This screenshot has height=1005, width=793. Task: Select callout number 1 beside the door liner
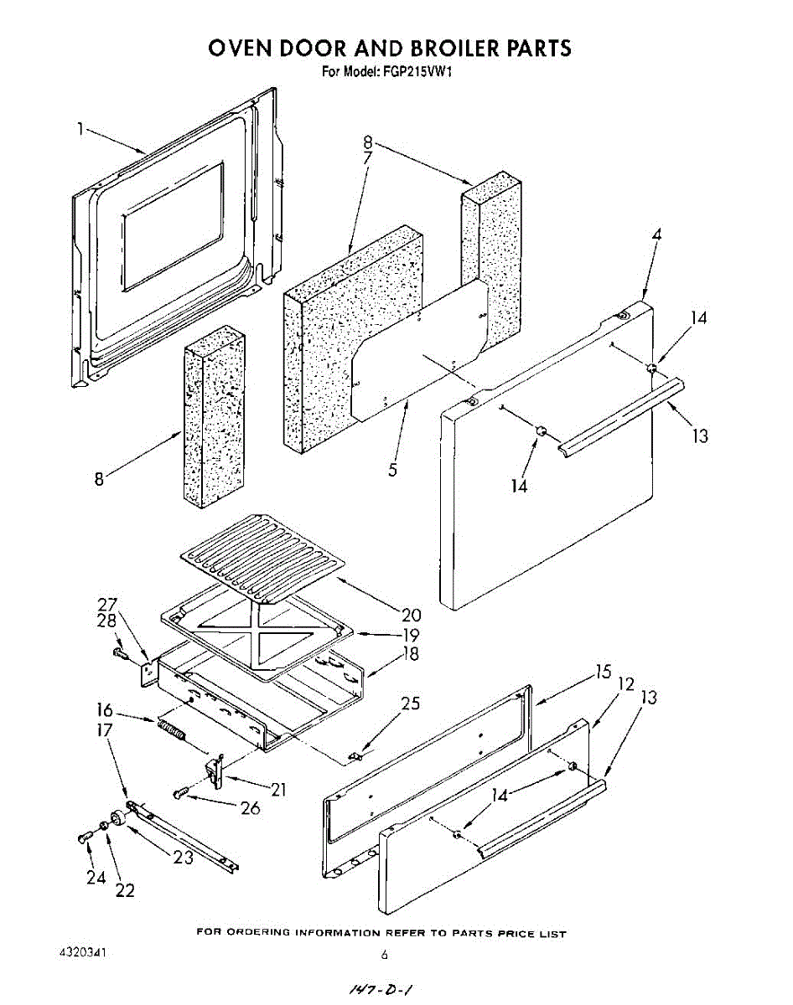pos(80,128)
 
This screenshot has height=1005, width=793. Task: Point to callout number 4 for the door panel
pos(656,235)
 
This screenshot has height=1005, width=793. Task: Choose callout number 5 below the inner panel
pos(392,470)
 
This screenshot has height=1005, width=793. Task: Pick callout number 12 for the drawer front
pos(625,684)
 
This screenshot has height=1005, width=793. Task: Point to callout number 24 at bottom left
pos(95,877)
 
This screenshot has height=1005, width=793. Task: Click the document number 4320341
pos(82,954)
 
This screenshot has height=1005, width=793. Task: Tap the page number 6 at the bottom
pos(385,955)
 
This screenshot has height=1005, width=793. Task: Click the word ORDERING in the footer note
pos(259,932)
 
